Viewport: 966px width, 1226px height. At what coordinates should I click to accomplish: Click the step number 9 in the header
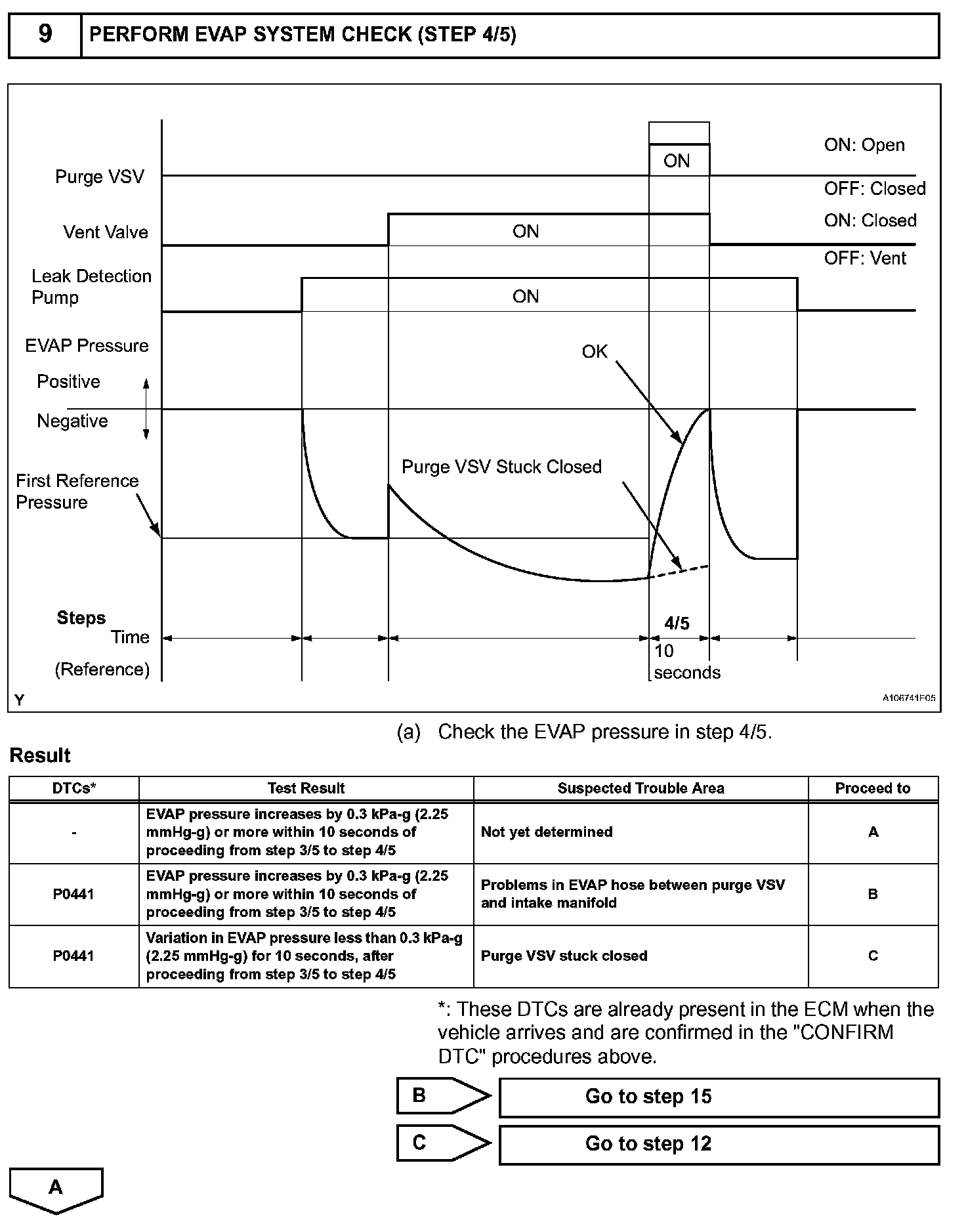pos(45,34)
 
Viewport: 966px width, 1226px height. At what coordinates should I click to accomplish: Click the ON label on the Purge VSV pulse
pos(677,161)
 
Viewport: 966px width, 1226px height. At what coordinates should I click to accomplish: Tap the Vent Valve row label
pos(106,232)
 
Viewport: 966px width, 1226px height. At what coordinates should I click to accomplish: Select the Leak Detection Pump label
pos(91,287)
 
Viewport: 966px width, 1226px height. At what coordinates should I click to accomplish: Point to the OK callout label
pos(595,352)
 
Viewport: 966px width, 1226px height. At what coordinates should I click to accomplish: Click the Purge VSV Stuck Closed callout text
pos(501,467)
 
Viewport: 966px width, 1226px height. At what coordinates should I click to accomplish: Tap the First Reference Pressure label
pos(77,492)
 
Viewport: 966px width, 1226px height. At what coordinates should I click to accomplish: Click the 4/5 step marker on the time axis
pos(677,624)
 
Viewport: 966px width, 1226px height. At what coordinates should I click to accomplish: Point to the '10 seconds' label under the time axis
pos(686,662)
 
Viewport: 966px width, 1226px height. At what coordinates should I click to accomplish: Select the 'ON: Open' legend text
pos(864,145)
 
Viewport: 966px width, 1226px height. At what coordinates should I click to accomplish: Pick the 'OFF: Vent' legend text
pos(865,259)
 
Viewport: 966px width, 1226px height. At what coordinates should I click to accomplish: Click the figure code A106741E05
pos(908,698)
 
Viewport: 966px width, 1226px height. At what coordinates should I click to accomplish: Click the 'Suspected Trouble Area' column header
pos(640,788)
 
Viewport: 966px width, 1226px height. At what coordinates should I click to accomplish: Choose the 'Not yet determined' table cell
pos(547,832)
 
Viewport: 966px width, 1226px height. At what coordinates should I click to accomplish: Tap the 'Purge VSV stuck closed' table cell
pos(564,956)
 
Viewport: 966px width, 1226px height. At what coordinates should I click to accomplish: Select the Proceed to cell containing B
pos(873,894)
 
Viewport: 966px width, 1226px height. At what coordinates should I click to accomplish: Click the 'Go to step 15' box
pos(719,1097)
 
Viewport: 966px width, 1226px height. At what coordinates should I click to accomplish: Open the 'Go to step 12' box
pos(719,1144)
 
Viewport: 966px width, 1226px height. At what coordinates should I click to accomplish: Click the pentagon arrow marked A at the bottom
pos(56,1189)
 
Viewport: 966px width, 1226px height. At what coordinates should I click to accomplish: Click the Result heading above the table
pos(40,755)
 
